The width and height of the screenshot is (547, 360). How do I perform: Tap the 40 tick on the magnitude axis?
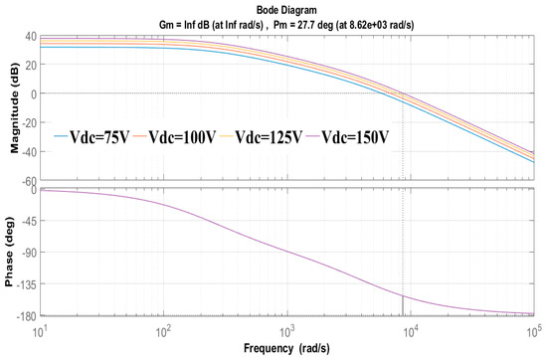(29, 37)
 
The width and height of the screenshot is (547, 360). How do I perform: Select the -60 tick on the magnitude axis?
(27, 181)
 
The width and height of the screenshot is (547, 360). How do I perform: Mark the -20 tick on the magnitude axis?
(27, 122)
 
